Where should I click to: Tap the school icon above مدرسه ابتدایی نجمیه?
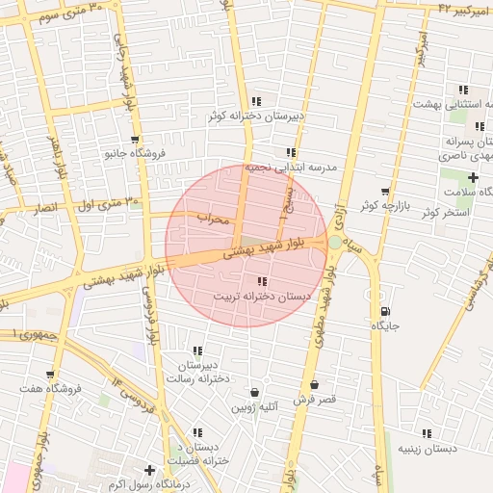point(291,152)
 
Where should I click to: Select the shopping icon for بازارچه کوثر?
point(385,192)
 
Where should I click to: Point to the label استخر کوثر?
point(444,211)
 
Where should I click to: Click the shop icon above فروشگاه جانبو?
point(136,139)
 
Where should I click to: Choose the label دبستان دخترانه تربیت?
point(265,297)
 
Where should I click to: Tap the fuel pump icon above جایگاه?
point(386,311)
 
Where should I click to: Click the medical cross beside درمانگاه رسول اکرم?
point(149,470)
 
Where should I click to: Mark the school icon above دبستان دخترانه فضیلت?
point(197,433)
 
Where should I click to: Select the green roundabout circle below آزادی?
point(334,243)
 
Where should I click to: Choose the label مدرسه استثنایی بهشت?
point(453,102)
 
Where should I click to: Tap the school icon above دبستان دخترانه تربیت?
point(263,281)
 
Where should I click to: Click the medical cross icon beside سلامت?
point(473,177)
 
